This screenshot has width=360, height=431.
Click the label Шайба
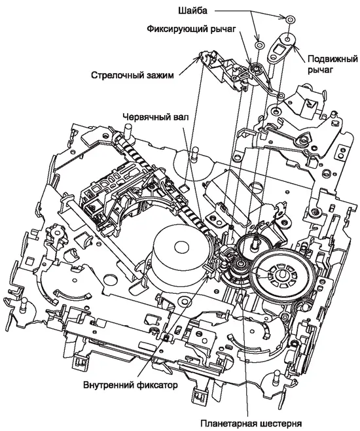[x=192, y=11]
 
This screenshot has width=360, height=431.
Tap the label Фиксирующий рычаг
[x=191, y=29]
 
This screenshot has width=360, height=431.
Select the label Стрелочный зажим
[x=132, y=75]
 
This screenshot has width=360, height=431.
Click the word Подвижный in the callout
[x=333, y=59]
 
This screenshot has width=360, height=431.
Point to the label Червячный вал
[x=156, y=116]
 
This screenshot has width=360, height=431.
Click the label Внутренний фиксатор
[x=130, y=385]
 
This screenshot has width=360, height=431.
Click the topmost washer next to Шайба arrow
[x=290, y=20]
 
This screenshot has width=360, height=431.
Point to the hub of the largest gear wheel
[x=281, y=273]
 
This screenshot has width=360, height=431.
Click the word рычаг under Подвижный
[x=320, y=70]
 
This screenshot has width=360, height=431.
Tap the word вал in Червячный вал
[x=181, y=116]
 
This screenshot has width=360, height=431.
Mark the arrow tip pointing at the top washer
[x=286, y=17]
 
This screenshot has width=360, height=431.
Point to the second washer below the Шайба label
[x=259, y=44]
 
